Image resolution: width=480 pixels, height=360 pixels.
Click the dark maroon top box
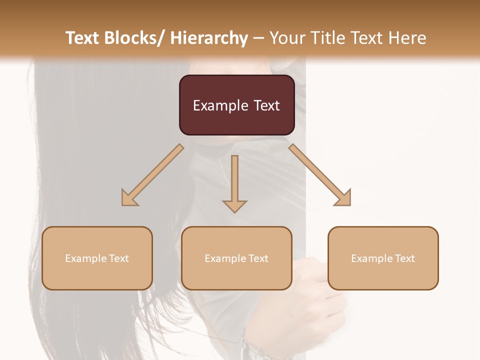coord(236,105)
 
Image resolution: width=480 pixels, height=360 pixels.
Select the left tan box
coord(97,258)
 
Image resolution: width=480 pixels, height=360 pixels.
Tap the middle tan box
coord(236,258)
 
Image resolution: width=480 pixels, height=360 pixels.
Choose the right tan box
coord(383,258)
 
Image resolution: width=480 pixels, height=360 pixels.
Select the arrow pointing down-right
coord(320,175)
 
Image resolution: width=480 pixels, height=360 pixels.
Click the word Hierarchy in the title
coord(209,38)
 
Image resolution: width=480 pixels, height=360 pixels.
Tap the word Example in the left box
coord(86,258)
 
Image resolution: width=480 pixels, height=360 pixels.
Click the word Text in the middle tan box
coord(258,258)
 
